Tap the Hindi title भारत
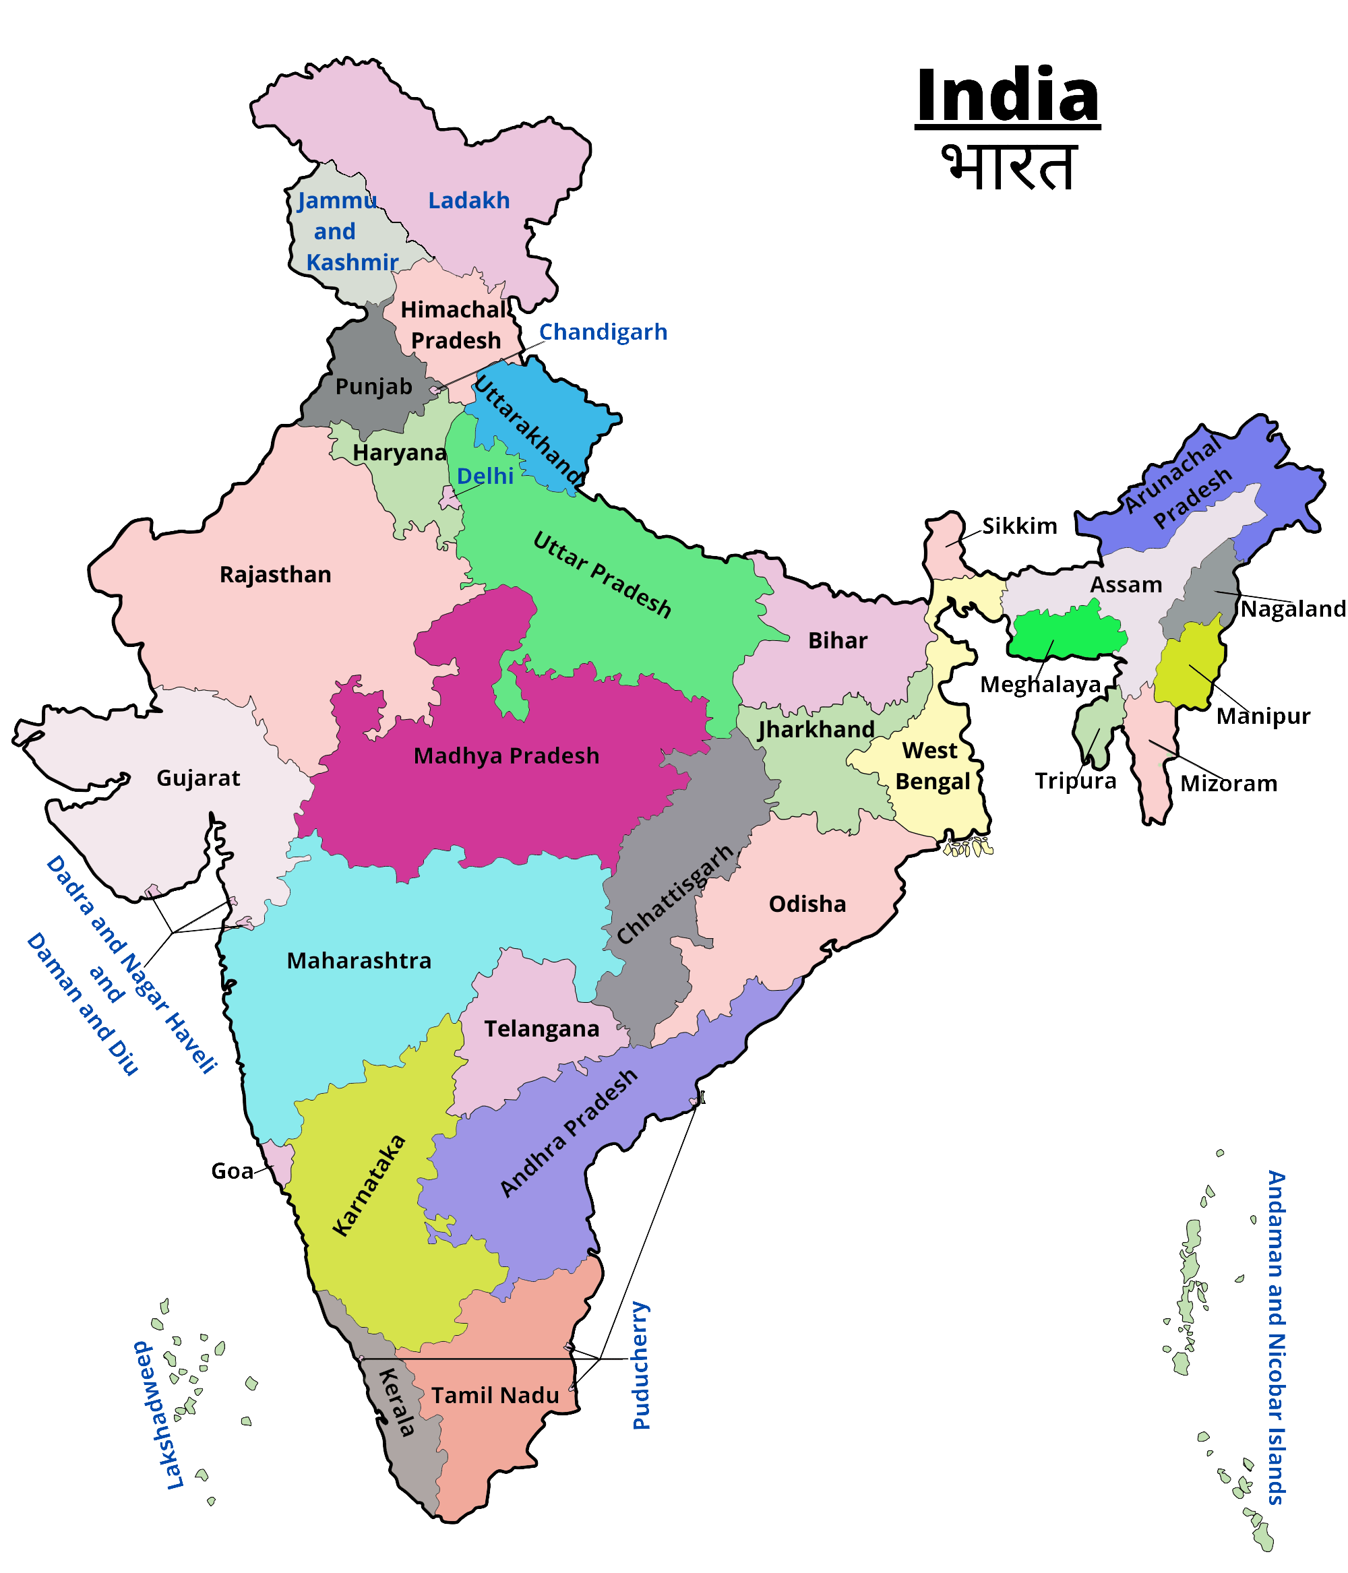1010,166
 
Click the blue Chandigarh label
603,332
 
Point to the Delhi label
485,476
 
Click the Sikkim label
1018,526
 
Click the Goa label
231,1171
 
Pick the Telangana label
541,1028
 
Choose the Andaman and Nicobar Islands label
1277,1336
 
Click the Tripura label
1075,781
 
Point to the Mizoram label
1228,783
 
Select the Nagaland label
1293,609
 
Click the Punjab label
373,386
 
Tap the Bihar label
837,641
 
